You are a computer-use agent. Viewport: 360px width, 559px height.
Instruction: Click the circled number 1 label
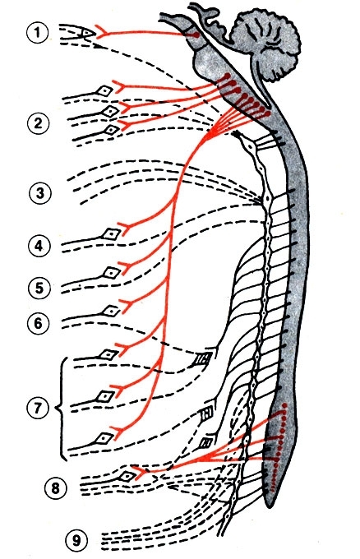coord(37,32)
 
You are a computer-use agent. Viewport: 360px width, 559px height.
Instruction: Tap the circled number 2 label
coord(39,123)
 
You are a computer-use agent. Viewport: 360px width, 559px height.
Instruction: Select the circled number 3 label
coord(40,193)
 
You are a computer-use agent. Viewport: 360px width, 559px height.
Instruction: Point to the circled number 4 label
coord(39,246)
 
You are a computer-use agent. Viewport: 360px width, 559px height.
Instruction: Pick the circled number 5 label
coord(39,288)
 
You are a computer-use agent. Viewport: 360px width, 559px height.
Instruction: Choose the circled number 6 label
coord(38,323)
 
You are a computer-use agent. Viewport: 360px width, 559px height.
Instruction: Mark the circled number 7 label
coord(38,408)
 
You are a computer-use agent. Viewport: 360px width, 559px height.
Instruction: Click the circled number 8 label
coord(56,487)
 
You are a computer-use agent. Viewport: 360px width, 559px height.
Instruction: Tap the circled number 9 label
coord(76,540)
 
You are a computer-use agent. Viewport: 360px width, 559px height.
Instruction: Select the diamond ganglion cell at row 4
coord(111,233)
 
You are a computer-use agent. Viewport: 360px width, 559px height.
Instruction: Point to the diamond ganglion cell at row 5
coord(112,273)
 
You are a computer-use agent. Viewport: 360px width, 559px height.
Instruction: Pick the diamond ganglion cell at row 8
coord(127,476)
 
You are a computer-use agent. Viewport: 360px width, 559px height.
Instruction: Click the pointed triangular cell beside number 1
coord(86,33)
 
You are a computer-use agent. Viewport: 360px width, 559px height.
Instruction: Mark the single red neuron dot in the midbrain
coord(196,35)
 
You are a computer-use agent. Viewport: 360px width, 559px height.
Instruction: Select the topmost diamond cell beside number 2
coord(104,91)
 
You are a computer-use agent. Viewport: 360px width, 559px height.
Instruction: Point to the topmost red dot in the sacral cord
coord(284,405)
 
